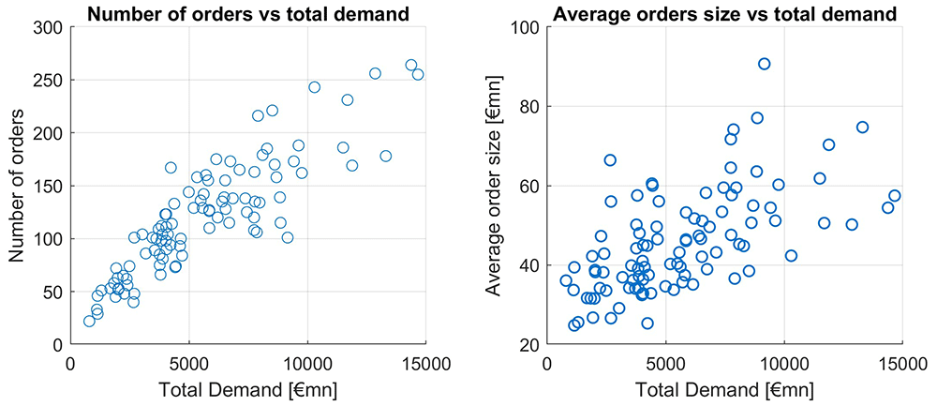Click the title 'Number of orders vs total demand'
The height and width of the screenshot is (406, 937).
point(248,12)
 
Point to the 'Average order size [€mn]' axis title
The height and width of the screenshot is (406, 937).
point(494,186)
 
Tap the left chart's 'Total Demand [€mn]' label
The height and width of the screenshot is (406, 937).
point(248,389)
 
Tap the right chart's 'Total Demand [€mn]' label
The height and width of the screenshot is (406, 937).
point(724,389)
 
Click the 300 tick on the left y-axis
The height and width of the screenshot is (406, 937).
point(49,27)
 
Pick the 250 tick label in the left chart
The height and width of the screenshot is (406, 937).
point(49,80)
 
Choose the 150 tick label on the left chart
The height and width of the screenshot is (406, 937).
point(49,186)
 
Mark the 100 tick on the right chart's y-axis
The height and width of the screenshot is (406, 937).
point(525,27)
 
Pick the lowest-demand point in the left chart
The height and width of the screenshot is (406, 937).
point(90,321)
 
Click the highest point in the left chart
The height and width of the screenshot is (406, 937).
point(411,66)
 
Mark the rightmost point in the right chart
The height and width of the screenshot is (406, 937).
point(894,196)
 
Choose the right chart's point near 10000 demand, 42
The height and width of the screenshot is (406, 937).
point(791,255)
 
